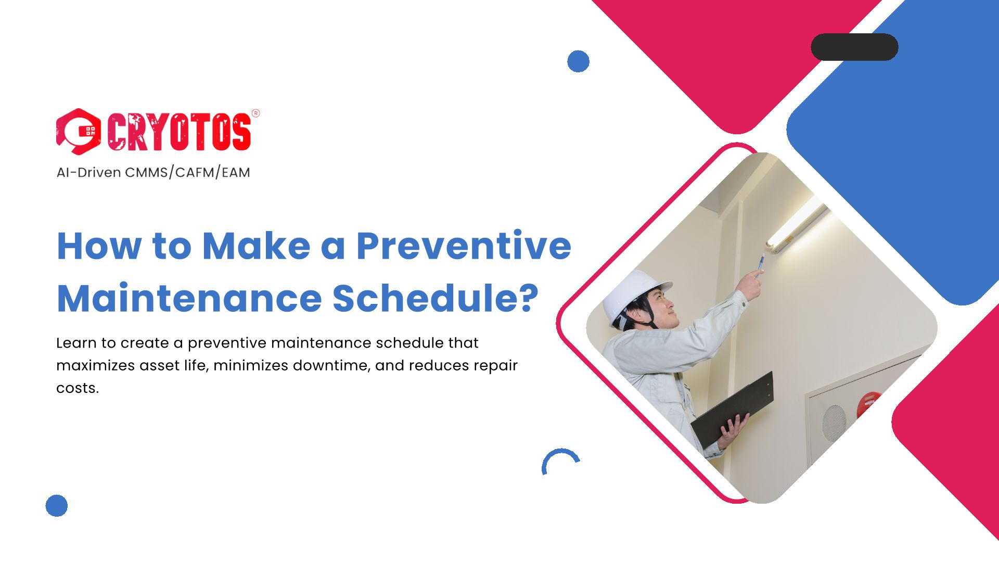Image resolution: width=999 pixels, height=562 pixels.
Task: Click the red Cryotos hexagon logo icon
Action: (x=78, y=131)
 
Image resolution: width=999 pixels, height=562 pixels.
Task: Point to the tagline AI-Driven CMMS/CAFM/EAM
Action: (x=153, y=172)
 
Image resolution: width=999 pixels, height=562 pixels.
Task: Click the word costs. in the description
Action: (x=78, y=388)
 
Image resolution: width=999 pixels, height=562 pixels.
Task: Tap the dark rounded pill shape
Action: (x=854, y=47)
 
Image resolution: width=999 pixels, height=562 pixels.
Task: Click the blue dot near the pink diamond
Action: (x=578, y=61)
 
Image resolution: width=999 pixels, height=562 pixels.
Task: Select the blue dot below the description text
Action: (x=57, y=505)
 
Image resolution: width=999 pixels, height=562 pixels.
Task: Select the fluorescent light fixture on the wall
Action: (x=796, y=225)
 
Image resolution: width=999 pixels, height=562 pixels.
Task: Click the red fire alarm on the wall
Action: (x=867, y=404)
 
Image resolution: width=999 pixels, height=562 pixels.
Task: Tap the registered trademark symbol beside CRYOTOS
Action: (x=255, y=113)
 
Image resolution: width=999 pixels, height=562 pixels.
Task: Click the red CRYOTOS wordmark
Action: (x=179, y=132)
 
